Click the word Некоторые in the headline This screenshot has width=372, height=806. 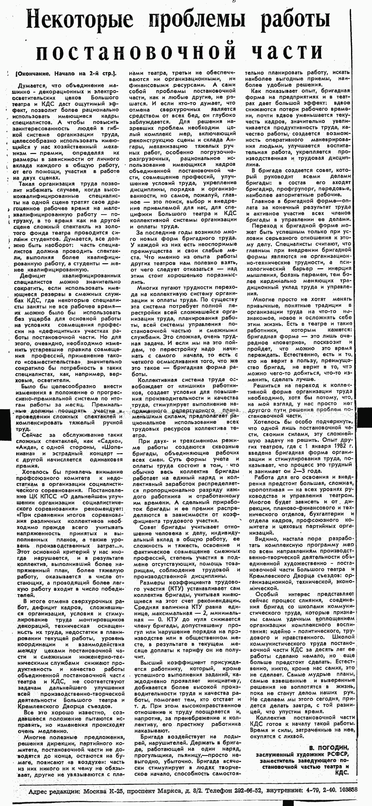click(79, 19)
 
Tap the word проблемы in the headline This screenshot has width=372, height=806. click(196, 19)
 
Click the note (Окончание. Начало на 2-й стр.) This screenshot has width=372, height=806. click(66, 74)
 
